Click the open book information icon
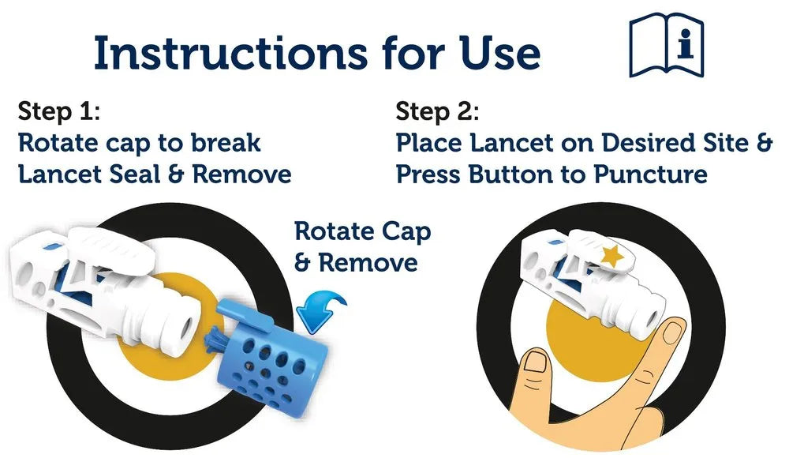coord(666,45)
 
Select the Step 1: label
coord(59,111)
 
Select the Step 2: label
coord(437,111)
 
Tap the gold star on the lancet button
coord(612,256)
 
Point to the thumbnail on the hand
coord(535,362)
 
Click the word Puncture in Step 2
coord(651,175)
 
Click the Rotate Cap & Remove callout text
coord(362,247)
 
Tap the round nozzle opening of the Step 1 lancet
coord(187,328)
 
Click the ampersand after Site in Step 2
coord(765,143)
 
